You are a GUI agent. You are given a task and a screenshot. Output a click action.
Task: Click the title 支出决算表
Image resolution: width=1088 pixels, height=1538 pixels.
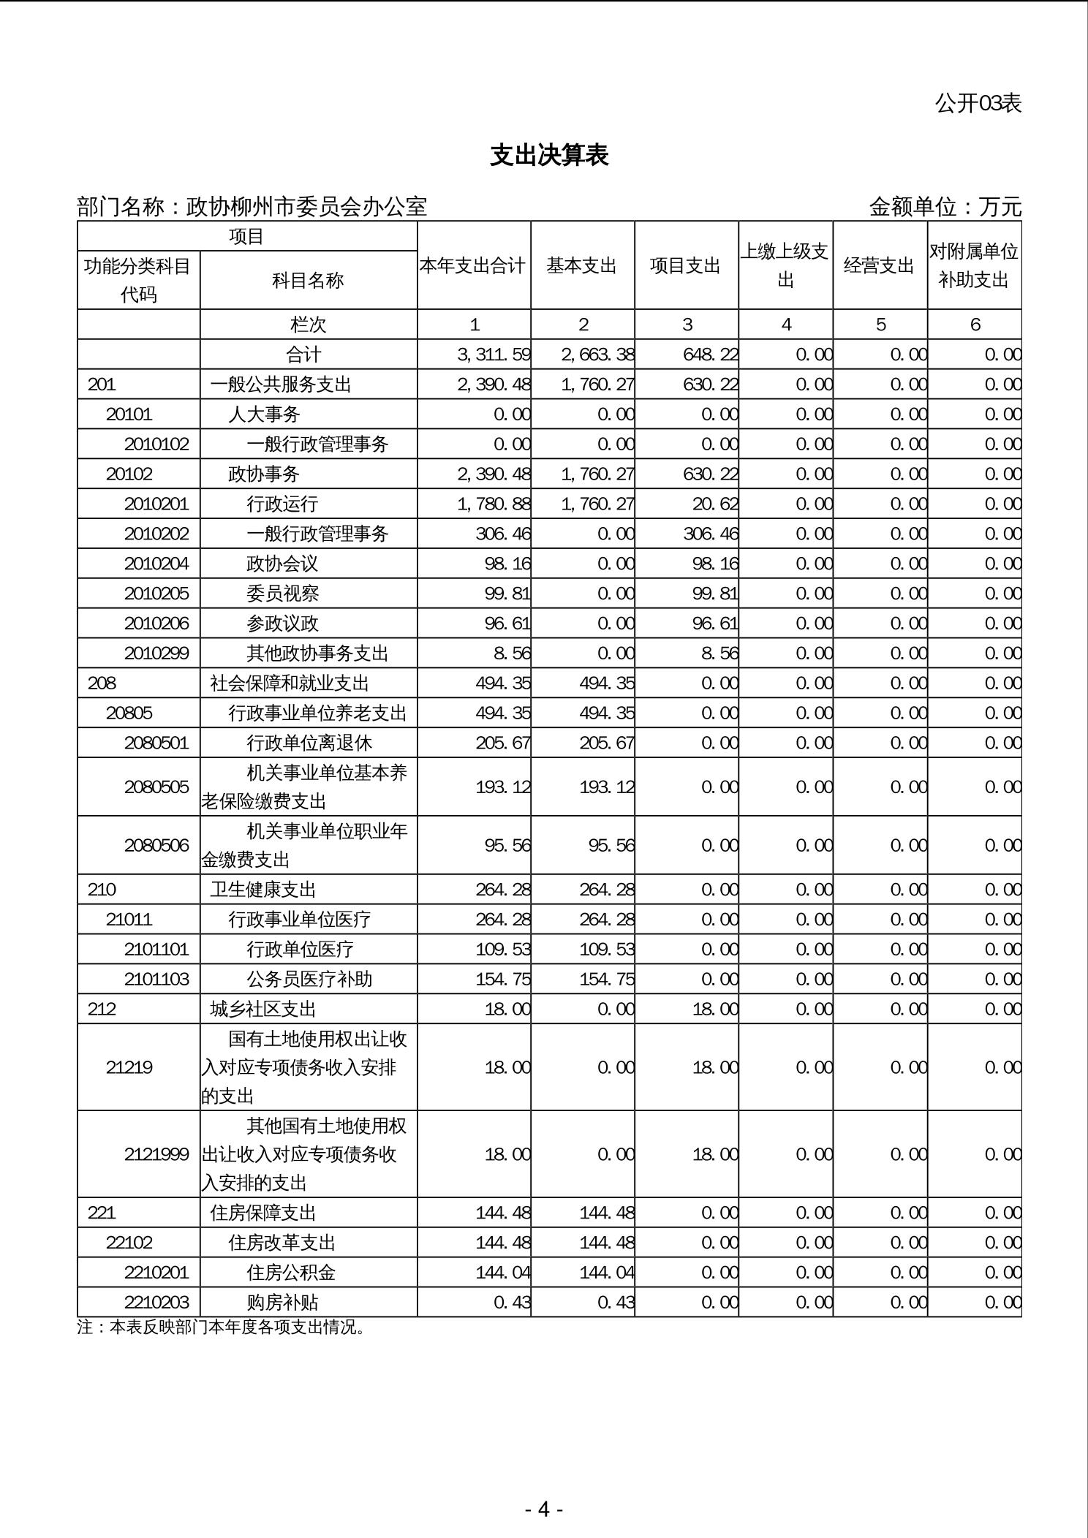pos(549,155)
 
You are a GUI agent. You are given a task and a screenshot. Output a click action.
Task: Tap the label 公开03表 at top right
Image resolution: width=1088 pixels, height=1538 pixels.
pos(978,103)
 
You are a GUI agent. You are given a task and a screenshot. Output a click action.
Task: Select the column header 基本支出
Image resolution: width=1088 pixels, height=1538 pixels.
pos(582,265)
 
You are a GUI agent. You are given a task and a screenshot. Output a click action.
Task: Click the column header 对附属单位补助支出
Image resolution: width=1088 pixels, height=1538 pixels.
pos(974,265)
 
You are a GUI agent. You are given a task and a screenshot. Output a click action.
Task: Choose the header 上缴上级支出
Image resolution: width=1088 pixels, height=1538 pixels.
pos(785,265)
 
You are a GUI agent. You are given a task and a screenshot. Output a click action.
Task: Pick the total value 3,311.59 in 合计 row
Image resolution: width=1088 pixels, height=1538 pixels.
pos(494,355)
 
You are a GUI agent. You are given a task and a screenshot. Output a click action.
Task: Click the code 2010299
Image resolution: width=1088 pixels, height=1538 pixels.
pos(156,653)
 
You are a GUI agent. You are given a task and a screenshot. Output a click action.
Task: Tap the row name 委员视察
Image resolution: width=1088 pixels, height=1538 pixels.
pos(282,594)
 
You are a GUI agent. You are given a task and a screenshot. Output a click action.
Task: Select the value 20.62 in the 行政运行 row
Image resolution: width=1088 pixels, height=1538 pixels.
pos(711,504)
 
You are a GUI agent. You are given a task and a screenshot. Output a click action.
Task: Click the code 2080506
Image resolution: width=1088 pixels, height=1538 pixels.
pos(156,845)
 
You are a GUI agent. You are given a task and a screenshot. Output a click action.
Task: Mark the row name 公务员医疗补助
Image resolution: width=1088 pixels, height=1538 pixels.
pos(309,979)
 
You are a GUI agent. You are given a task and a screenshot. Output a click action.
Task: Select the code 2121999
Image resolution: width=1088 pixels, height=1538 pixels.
pos(156,1154)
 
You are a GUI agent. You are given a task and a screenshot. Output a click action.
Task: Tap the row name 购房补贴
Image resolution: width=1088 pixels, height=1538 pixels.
pos(282,1302)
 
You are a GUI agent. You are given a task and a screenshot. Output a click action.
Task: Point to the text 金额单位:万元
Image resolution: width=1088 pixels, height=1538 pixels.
pos(945,207)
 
